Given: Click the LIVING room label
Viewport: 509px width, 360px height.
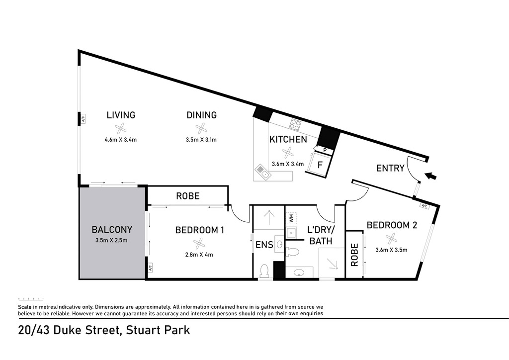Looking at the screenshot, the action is [121, 115].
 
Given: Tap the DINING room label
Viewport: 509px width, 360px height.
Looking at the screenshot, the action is [201, 115].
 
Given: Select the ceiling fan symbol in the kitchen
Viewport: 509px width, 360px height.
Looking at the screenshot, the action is [287, 153].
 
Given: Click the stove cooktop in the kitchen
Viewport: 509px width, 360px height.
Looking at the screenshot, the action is [295, 125].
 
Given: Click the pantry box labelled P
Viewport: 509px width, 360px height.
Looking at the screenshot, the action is [325, 151].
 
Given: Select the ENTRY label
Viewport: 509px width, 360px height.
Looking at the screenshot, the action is [390, 168].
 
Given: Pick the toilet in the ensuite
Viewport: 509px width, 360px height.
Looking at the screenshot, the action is [264, 270].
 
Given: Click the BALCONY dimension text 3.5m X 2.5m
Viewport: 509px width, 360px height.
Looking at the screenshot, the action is [111, 241].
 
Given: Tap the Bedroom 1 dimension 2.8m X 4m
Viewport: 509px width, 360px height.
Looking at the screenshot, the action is [199, 255].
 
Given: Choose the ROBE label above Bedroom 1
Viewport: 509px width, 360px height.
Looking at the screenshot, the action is [187, 196].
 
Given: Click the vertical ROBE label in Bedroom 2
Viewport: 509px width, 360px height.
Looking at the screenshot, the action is [354, 255].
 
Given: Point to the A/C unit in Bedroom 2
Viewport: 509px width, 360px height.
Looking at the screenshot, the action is [424, 205].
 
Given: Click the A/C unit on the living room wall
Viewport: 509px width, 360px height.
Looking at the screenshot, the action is [83, 119].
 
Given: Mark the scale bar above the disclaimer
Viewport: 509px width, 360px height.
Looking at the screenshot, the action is [31, 299].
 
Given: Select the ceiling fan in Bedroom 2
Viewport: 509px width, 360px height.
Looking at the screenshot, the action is [391, 239].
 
